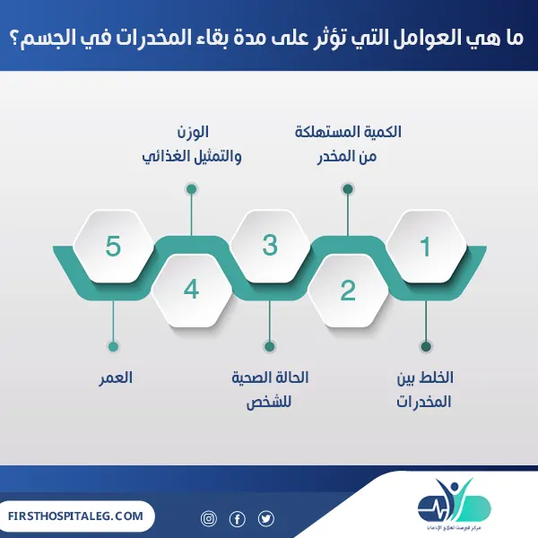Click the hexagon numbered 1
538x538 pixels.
pyautogui.click(x=426, y=246)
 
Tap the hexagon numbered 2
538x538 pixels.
pyautogui.click(x=348, y=290)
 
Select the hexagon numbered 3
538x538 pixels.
pyautogui.click(x=270, y=246)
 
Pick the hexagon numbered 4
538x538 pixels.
pyautogui.click(x=191, y=290)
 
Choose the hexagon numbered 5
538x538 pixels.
pyautogui.click(x=113, y=246)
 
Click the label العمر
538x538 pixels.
pyautogui.click(x=117, y=377)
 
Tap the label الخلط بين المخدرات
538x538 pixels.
pyautogui.click(x=424, y=388)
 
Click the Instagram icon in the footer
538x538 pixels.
pyautogui.click(x=209, y=518)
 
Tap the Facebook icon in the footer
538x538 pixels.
pyautogui.click(x=238, y=518)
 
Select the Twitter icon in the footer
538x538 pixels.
pyautogui.click(x=266, y=518)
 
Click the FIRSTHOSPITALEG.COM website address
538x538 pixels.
pyautogui.click(x=75, y=516)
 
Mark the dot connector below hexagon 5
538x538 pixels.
pyautogui.click(x=113, y=346)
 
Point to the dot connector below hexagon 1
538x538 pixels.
pyautogui.click(x=426, y=346)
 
